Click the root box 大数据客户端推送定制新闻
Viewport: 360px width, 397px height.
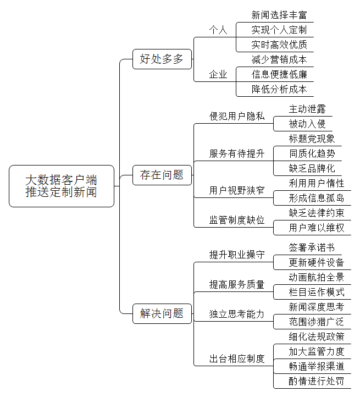[x=62, y=186]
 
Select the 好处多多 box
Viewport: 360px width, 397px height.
[x=162, y=59]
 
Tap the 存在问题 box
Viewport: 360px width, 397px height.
[x=162, y=175]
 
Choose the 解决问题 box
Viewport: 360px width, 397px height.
[x=162, y=314]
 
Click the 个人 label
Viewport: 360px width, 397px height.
[x=218, y=30]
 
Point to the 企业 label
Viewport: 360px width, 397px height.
[x=218, y=74]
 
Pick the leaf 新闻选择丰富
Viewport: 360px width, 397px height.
[x=279, y=15]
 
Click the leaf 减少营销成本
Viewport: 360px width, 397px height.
[x=279, y=60]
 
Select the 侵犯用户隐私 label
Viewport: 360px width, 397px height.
[x=237, y=116]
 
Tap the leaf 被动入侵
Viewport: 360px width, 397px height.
[x=307, y=124]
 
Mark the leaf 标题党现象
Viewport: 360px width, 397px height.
[x=312, y=139]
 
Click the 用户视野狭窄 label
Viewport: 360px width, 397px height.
[x=237, y=190]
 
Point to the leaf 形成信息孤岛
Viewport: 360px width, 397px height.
[x=317, y=198]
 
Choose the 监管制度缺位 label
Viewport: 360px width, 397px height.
[x=237, y=220]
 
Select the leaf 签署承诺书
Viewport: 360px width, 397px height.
[x=312, y=247]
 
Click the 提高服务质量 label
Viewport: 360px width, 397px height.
[x=237, y=285]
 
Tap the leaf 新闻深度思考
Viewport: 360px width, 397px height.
[x=317, y=307]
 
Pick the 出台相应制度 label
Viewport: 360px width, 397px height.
[x=237, y=359]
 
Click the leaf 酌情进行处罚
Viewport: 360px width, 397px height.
[x=317, y=381]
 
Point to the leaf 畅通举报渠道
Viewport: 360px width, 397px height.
[x=317, y=366]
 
